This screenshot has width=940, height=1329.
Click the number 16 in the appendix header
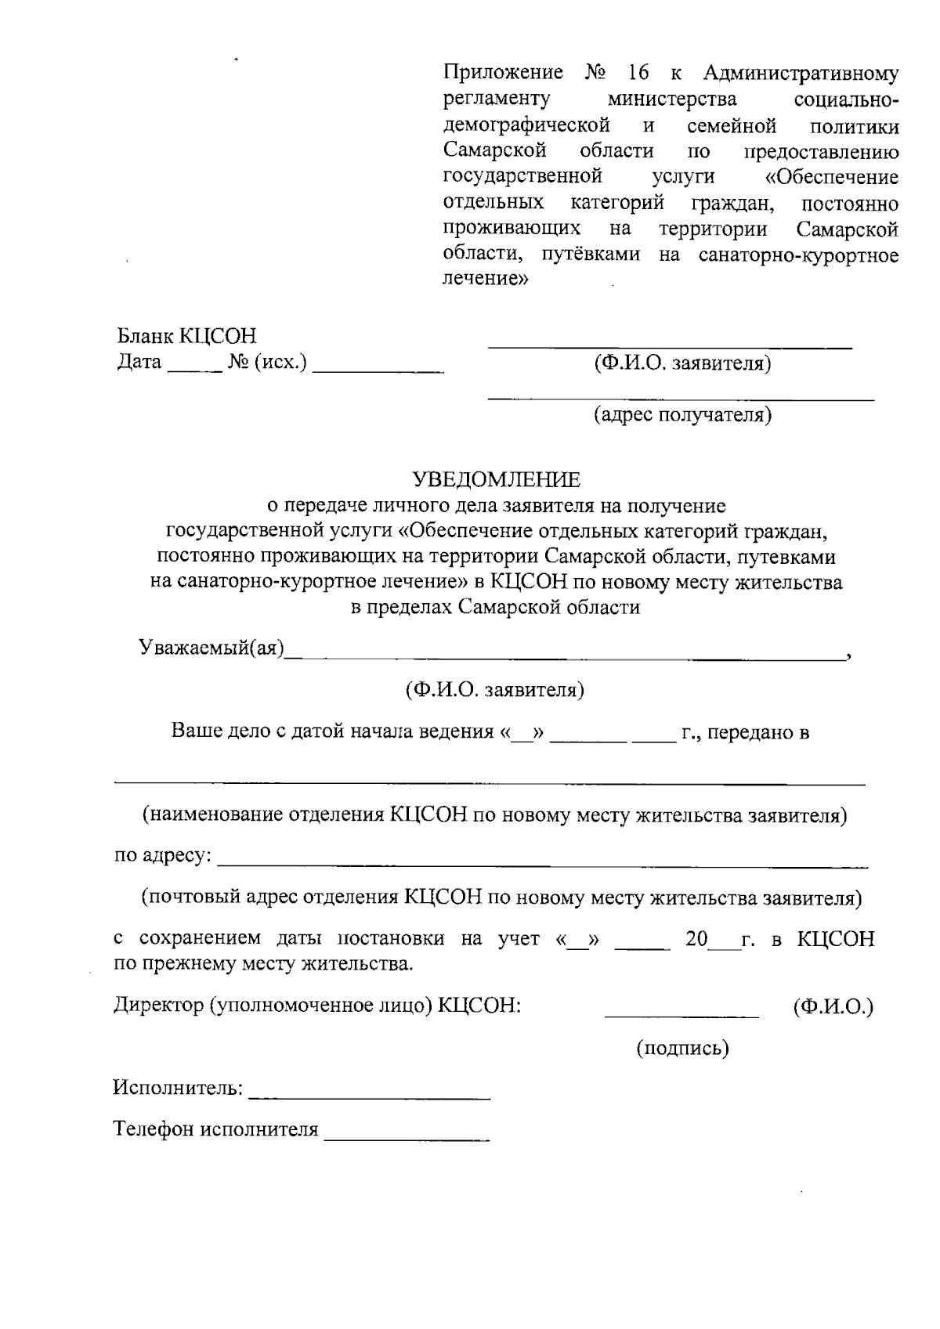tap(638, 74)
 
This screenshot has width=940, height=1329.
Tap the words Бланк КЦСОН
tap(186, 337)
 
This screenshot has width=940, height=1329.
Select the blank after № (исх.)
tap(378, 369)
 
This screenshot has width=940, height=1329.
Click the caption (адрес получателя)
tap(681, 414)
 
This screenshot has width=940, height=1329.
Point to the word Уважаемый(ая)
tap(211, 648)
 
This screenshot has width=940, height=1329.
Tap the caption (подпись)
tap(681, 1048)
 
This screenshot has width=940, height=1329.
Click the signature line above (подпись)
tap(681, 1016)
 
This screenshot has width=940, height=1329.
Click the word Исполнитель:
tap(178, 1088)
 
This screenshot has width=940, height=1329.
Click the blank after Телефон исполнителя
tap(407, 1138)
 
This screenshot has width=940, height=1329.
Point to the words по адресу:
tap(163, 855)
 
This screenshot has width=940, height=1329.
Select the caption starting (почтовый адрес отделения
tap(501, 897)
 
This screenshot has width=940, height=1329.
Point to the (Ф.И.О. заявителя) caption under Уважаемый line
tap(494, 690)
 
